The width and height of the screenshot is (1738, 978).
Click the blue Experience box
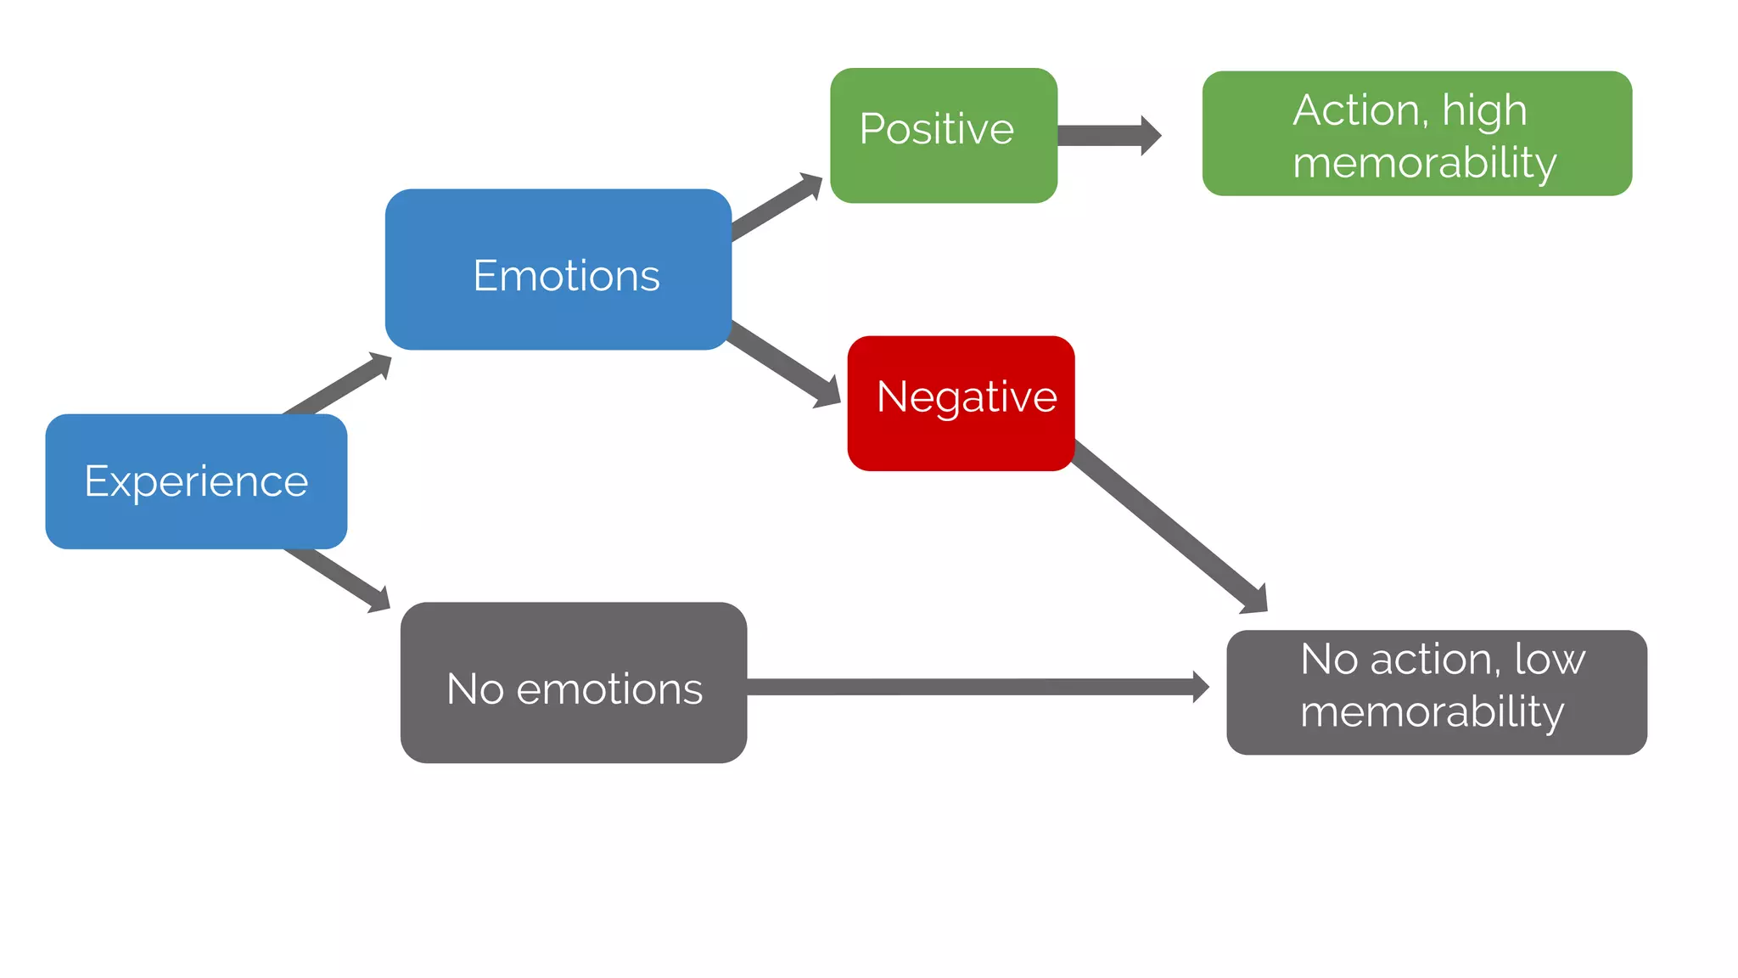[x=196, y=481]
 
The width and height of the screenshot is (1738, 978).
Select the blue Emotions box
[x=558, y=270]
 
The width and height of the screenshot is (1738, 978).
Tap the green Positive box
[x=943, y=136]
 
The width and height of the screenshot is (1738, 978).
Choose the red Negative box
[x=961, y=403]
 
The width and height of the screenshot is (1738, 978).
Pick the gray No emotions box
[x=574, y=683]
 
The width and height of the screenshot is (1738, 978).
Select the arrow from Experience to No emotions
[x=338, y=580]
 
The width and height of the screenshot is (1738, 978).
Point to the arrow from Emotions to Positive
[x=776, y=207]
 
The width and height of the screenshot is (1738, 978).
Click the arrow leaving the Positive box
[x=1107, y=136]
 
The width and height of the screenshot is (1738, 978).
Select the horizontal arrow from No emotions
[x=976, y=687]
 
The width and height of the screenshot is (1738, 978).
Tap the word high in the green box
[x=1484, y=111]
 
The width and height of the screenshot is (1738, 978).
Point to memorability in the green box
[x=1424, y=163]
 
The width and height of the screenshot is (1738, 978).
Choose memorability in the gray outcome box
[x=1432, y=711]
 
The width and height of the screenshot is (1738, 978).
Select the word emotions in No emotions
[x=609, y=689]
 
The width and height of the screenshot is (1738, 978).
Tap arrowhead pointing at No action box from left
[x=1200, y=687]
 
